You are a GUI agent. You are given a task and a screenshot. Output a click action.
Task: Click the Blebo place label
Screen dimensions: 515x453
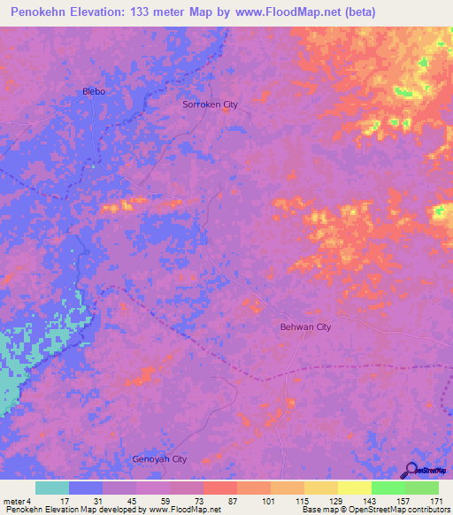point(94,91)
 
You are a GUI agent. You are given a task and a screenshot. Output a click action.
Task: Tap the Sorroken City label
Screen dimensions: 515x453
point(210,104)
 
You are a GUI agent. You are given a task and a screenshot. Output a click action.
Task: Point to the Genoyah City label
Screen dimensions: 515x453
point(159,459)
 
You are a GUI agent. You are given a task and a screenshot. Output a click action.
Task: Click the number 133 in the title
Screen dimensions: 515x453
point(173,12)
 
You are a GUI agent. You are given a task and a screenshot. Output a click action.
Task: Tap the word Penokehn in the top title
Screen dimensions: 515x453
point(45,12)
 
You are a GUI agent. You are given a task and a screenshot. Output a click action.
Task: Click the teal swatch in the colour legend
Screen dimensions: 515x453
point(52,488)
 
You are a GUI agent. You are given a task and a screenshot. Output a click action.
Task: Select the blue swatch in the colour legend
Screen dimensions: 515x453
point(86,488)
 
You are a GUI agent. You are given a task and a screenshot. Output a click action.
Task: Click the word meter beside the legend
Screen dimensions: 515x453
point(12,501)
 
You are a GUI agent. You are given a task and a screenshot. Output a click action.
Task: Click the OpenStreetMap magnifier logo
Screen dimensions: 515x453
point(411,471)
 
